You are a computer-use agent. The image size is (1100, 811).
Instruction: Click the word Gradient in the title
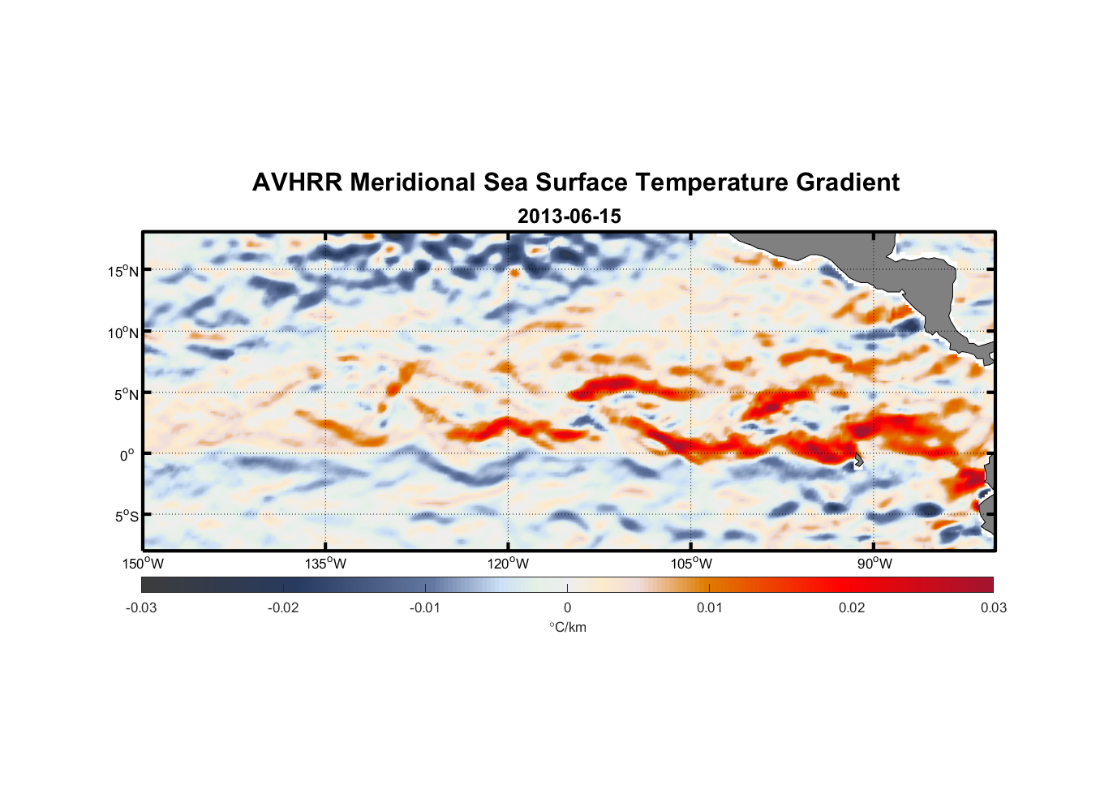pos(848,182)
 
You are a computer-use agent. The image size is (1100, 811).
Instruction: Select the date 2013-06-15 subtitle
pos(569,217)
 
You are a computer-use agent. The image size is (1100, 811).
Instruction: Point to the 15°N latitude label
pos(122,271)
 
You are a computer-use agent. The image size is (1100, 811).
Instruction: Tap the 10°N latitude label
pos(122,333)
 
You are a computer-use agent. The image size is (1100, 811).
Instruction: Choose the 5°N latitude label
pos(126,394)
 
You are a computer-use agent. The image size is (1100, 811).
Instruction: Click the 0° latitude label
pos(127,455)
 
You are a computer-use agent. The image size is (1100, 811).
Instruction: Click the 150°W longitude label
pos(143,564)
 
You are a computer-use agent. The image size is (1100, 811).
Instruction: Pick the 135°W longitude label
pos(325,564)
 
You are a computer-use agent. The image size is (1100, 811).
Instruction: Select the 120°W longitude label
pos(508,564)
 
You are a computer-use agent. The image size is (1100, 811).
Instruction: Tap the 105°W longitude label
pos(691,564)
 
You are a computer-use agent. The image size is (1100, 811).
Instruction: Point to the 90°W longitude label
pos(874,564)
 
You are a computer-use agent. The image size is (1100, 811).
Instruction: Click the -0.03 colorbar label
pos(141,607)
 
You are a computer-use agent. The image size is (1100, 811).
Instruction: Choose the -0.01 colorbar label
pos(425,607)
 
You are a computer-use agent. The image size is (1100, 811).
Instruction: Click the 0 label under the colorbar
pos(567,607)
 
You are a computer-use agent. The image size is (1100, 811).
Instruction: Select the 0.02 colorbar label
pos(852,607)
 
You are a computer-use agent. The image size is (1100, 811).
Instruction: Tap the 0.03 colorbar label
pos(993,607)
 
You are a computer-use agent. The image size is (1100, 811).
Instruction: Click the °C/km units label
pos(567,627)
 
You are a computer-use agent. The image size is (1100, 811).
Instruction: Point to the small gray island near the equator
pos(858,461)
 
